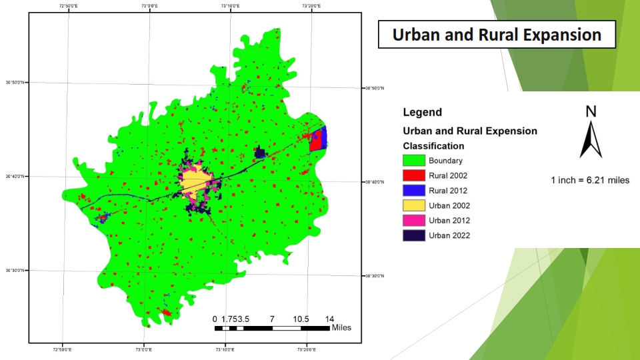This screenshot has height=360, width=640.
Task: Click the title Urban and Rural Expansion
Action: [x=497, y=35]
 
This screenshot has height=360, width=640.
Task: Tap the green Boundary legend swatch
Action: [x=413, y=161]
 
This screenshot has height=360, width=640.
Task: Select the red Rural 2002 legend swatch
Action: [x=413, y=175]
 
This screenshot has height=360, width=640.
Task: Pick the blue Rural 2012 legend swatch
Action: [x=413, y=191]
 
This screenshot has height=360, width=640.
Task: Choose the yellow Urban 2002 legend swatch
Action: [x=413, y=205]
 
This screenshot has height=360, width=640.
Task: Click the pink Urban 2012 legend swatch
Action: [x=413, y=221]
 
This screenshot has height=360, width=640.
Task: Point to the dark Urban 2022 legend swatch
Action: [x=413, y=235]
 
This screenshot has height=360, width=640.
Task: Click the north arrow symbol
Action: [x=591, y=137]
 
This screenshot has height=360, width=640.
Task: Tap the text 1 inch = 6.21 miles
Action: [x=590, y=181]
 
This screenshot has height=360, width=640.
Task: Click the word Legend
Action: [x=422, y=113]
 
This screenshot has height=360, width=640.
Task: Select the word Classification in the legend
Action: [x=433, y=146]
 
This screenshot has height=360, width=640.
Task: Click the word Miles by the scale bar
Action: [x=341, y=328]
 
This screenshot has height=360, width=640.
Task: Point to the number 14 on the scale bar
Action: [x=329, y=319]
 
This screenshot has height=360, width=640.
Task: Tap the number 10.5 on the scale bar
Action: [x=301, y=319]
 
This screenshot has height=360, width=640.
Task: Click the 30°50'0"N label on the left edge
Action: [x=15, y=83]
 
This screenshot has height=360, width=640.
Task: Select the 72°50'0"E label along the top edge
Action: [x=67, y=5]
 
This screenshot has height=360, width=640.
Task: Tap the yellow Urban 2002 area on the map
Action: [x=193, y=181]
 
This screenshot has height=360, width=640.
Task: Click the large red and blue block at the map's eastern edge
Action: [x=318, y=139]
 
